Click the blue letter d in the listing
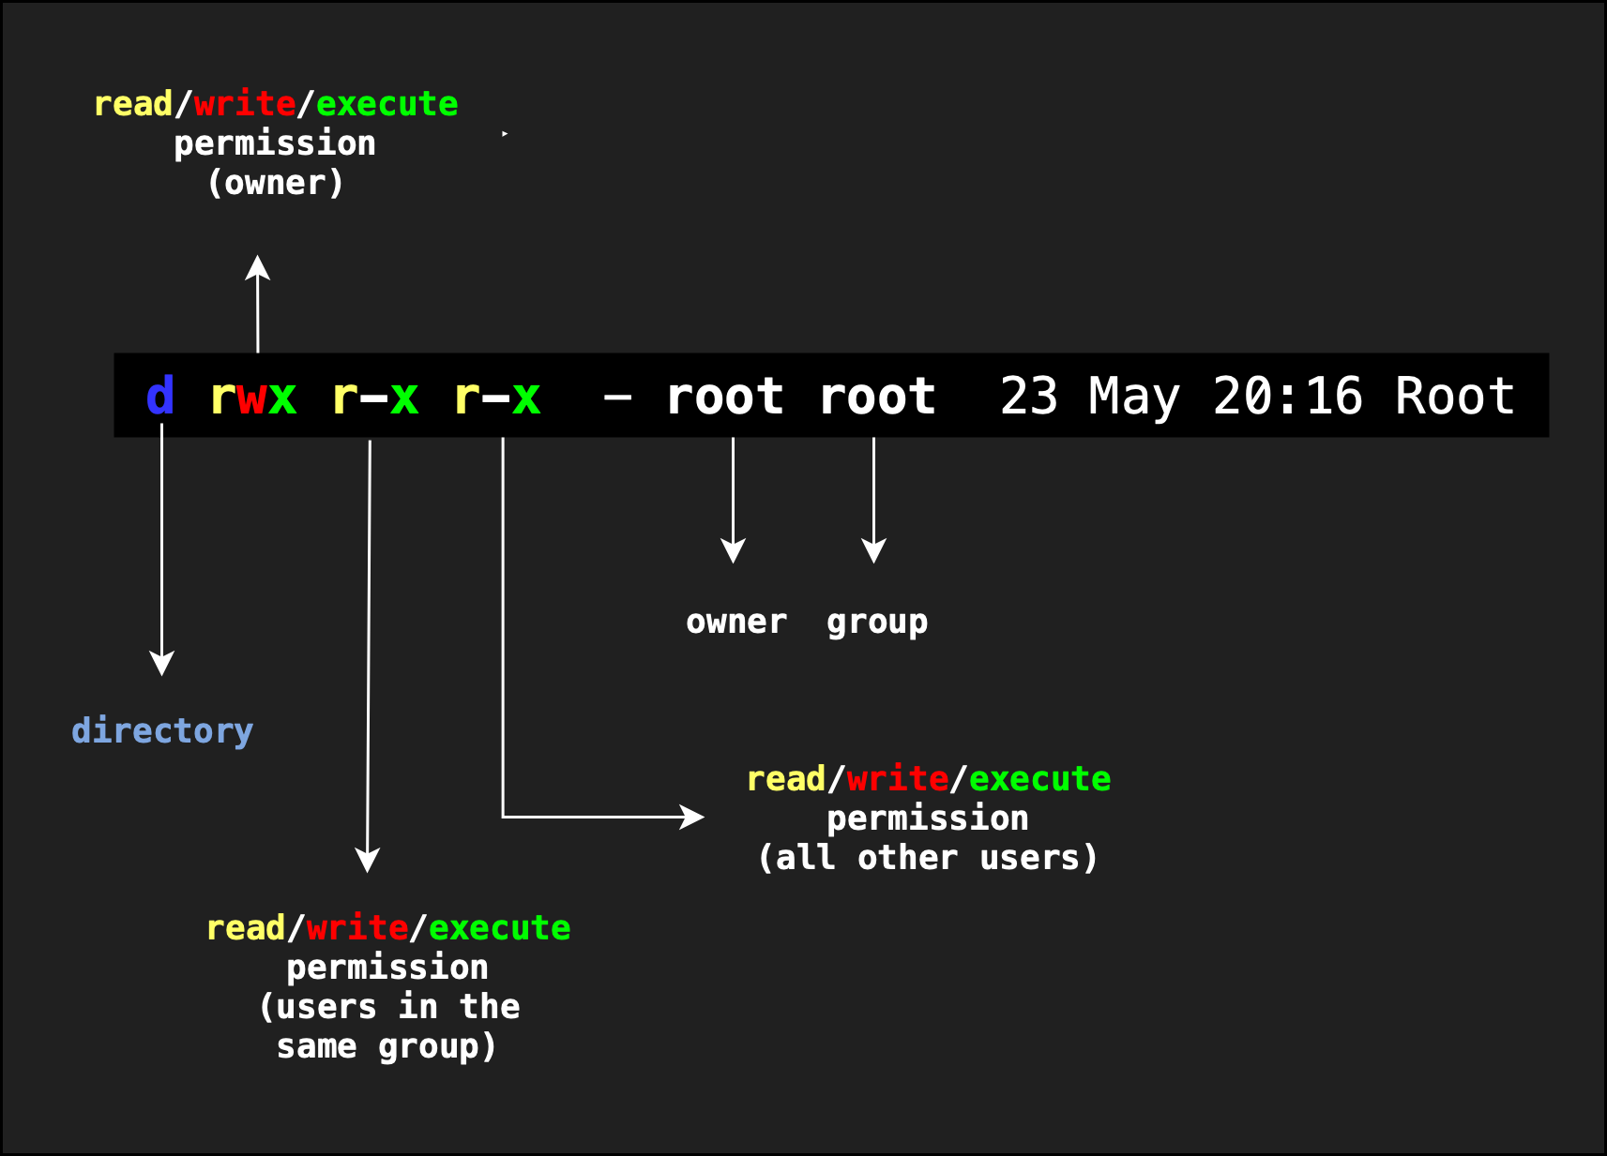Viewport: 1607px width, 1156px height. coord(160,397)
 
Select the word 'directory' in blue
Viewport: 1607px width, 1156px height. coord(162,731)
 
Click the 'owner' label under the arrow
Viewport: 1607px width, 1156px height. coord(736,623)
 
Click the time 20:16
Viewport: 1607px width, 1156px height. coord(1287,397)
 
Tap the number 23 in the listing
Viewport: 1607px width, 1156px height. coord(1029,397)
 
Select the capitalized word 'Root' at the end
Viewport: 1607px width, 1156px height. coord(1454,397)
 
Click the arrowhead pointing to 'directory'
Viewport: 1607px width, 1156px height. coord(162,663)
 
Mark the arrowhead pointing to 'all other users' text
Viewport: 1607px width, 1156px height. coord(692,817)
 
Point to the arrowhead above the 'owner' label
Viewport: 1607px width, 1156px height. coord(733,550)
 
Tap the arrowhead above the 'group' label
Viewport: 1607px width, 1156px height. coord(873,550)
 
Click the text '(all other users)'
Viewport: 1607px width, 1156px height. coord(928,858)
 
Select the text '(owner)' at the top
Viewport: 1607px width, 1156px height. coord(275,183)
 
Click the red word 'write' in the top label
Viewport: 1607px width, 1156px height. coord(245,104)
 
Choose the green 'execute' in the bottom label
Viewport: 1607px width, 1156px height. coord(499,928)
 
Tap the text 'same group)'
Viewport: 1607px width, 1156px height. coord(387,1046)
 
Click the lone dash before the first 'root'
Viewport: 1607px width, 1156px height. coord(617,398)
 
